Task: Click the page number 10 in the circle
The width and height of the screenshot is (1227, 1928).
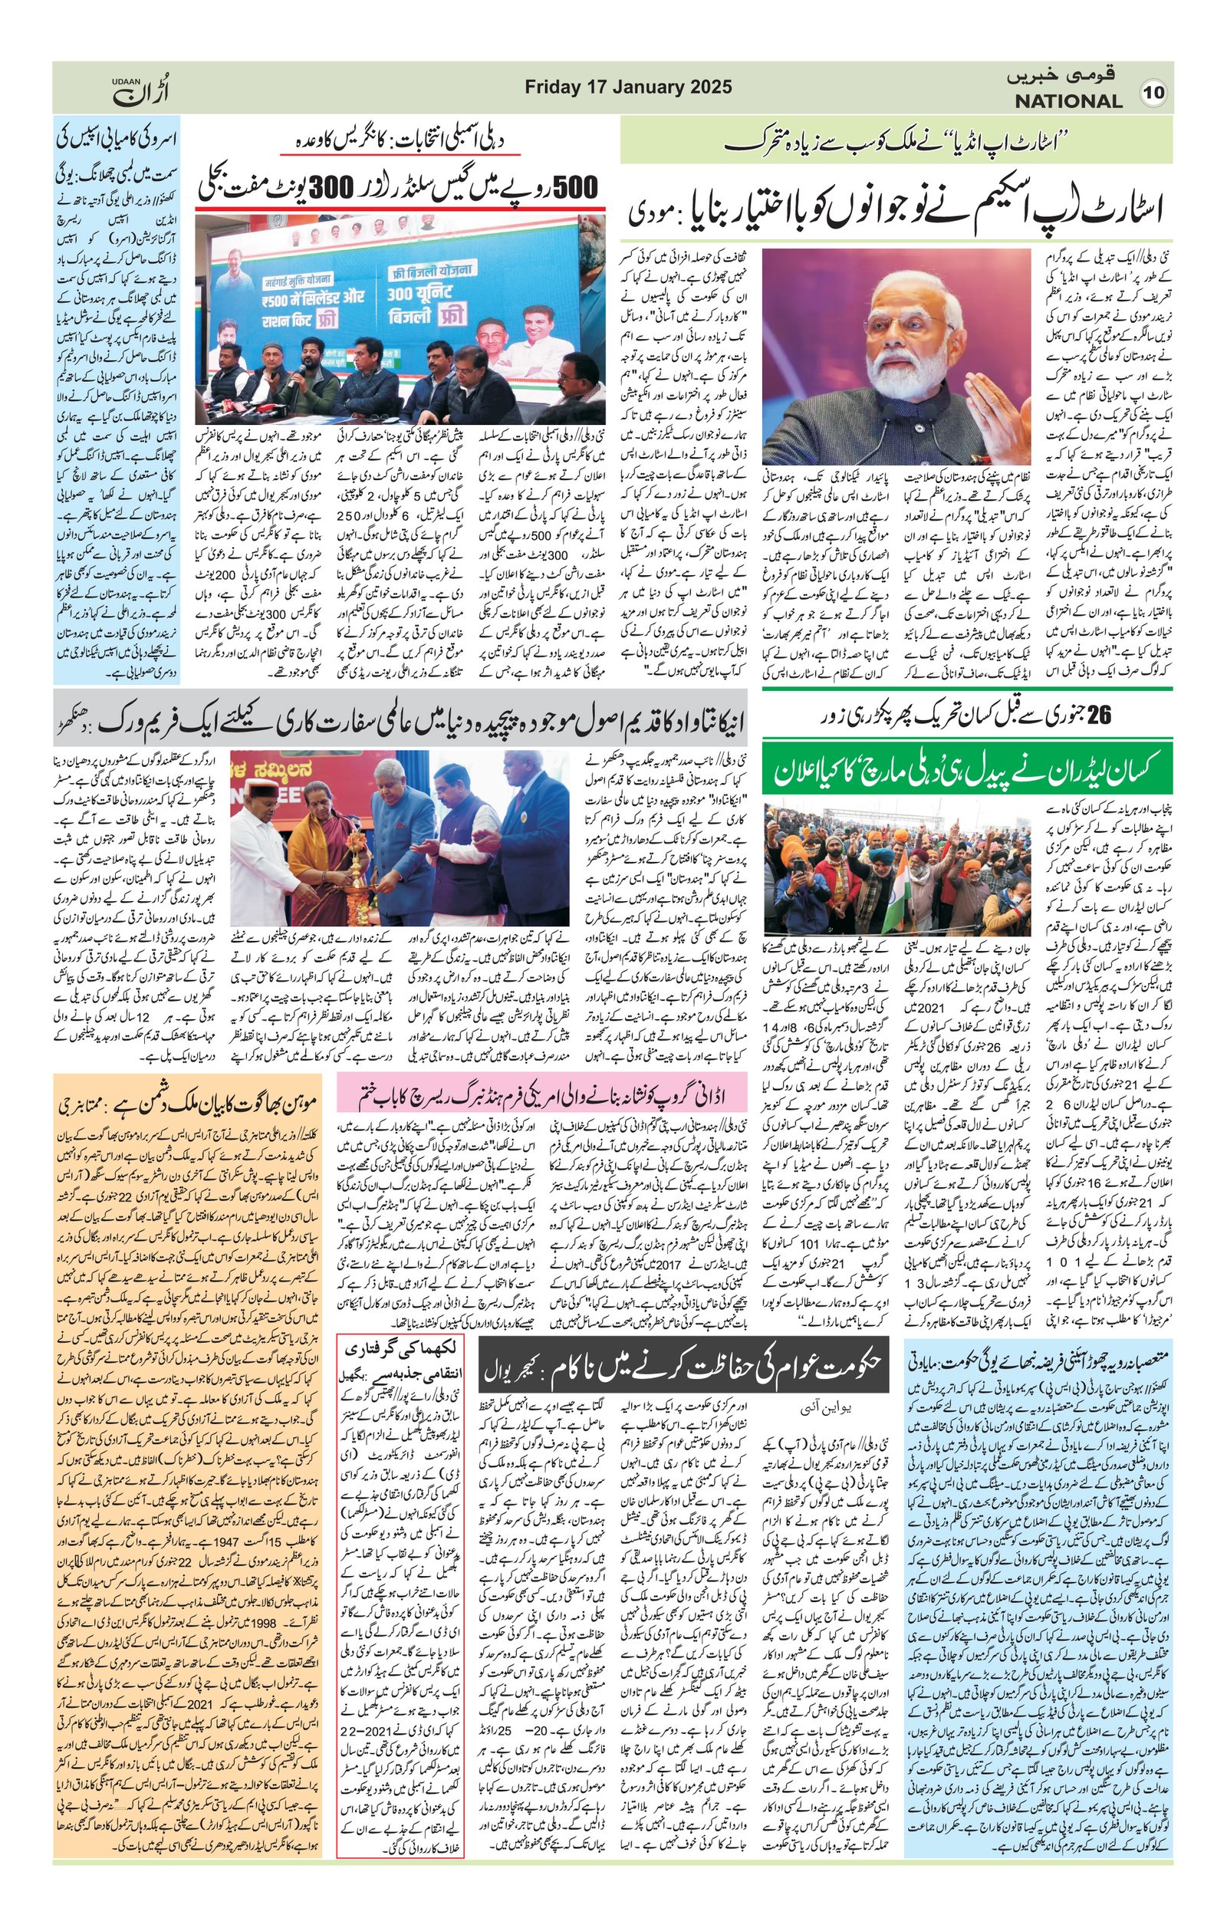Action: (1153, 93)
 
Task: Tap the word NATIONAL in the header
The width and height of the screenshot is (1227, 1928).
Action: (1068, 102)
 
